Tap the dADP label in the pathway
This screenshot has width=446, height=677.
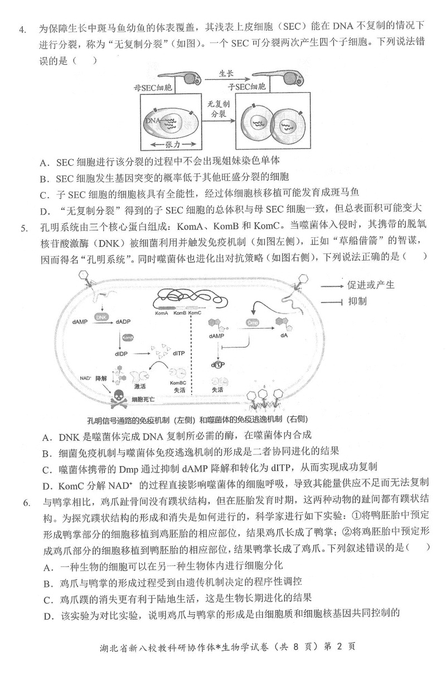125,322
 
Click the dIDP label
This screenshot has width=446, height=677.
122,353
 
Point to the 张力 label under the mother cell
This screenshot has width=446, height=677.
173,144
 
